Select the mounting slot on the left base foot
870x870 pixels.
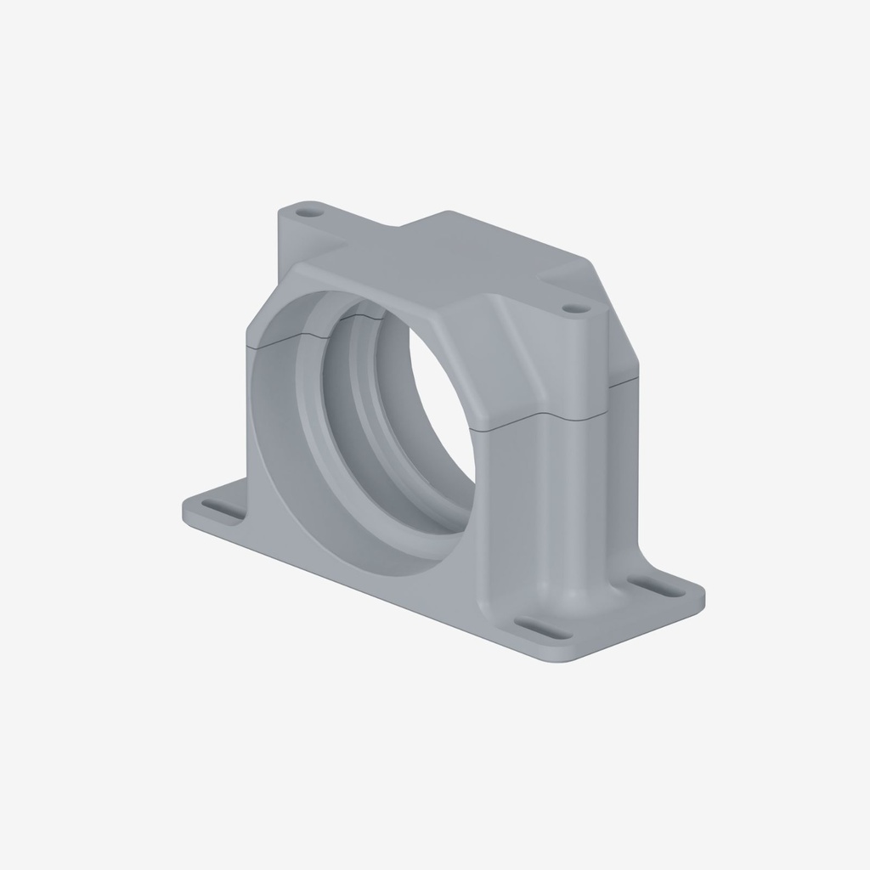(221, 511)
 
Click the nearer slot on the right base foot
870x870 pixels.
(541, 629)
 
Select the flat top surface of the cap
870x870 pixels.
(450, 255)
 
